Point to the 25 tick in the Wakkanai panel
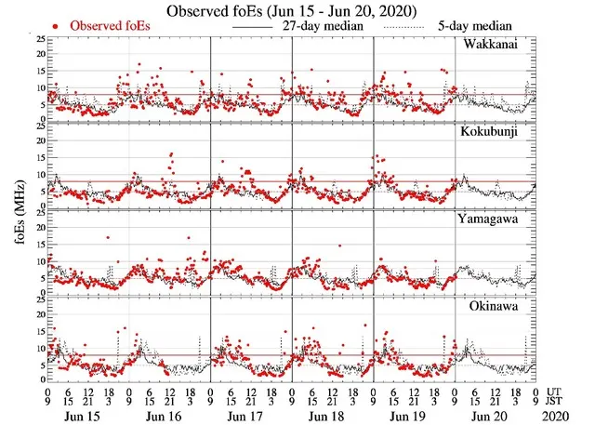[38, 40]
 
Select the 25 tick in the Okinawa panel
[38, 299]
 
